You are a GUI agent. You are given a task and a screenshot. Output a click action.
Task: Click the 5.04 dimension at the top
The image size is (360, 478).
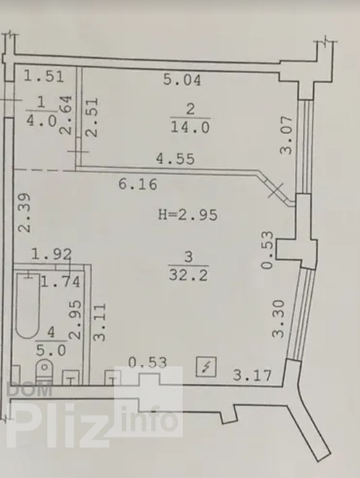(182, 80)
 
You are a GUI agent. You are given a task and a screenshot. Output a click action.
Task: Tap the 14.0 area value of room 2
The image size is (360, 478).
(190, 127)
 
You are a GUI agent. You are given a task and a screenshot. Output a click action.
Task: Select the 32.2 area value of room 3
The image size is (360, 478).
(189, 275)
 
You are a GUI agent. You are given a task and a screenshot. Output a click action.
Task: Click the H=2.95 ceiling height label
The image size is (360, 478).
(188, 215)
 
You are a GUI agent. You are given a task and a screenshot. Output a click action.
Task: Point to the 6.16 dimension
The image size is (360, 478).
(137, 184)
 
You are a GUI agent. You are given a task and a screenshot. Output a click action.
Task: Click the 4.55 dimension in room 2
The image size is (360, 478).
(175, 158)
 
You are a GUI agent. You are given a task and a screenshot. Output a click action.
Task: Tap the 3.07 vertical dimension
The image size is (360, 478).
(286, 135)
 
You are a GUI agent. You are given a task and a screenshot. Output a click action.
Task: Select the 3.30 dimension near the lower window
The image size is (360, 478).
(278, 319)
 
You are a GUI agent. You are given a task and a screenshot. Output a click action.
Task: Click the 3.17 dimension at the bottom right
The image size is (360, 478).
(252, 375)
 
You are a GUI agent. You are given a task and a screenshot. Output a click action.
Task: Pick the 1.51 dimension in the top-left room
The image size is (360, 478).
(44, 77)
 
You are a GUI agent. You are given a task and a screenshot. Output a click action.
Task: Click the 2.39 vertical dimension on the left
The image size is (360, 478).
(24, 212)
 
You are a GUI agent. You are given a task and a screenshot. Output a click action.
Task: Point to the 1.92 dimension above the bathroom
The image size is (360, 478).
(52, 254)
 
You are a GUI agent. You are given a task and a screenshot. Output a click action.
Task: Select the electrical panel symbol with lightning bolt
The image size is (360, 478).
(206, 366)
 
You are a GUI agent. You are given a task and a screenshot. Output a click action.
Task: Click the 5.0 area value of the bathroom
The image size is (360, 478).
(51, 351)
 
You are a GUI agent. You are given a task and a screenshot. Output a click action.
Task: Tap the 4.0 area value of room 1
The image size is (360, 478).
(42, 121)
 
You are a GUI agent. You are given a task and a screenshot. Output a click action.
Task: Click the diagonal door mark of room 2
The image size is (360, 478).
(276, 191)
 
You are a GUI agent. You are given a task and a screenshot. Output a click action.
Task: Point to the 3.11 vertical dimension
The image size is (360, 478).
(100, 322)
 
